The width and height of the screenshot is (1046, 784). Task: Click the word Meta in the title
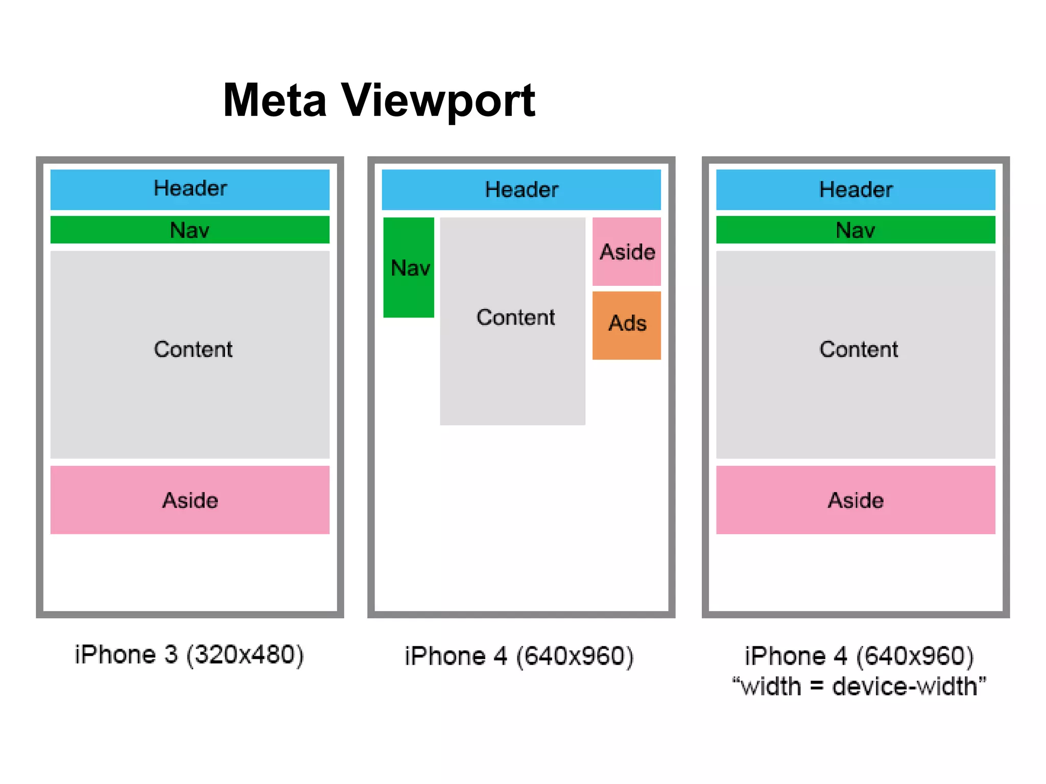[x=275, y=101]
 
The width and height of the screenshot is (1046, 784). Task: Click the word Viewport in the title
[x=438, y=102]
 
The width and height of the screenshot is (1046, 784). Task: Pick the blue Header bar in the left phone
[x=190, y=189]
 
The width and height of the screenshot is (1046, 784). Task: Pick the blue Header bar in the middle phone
[x=521, y=190]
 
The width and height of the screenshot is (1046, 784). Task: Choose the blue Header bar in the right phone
[x=855, y=190]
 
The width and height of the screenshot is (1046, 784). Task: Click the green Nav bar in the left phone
[x=190, y=230]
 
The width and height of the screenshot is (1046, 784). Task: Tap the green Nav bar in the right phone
[x=855, y=230]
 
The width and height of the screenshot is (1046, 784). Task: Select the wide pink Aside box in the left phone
[x=190, y=500]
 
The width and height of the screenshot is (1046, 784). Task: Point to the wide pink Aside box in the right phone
[x=855, y=500]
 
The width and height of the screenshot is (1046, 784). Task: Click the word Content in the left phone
[x=193, y=350]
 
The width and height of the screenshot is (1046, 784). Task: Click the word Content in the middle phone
[x=515, y=317]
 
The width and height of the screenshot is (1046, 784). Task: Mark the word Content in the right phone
[x=859, y=350]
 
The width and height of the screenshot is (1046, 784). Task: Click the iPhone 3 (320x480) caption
[x=189, y=655]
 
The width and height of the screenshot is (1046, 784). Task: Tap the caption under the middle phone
[x=519, y=656]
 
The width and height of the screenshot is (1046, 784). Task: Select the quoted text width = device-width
[x=859, y=687]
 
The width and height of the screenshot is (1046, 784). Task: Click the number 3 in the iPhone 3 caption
[x=171, y=655]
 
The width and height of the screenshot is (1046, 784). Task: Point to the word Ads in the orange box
[x=627, y=323]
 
